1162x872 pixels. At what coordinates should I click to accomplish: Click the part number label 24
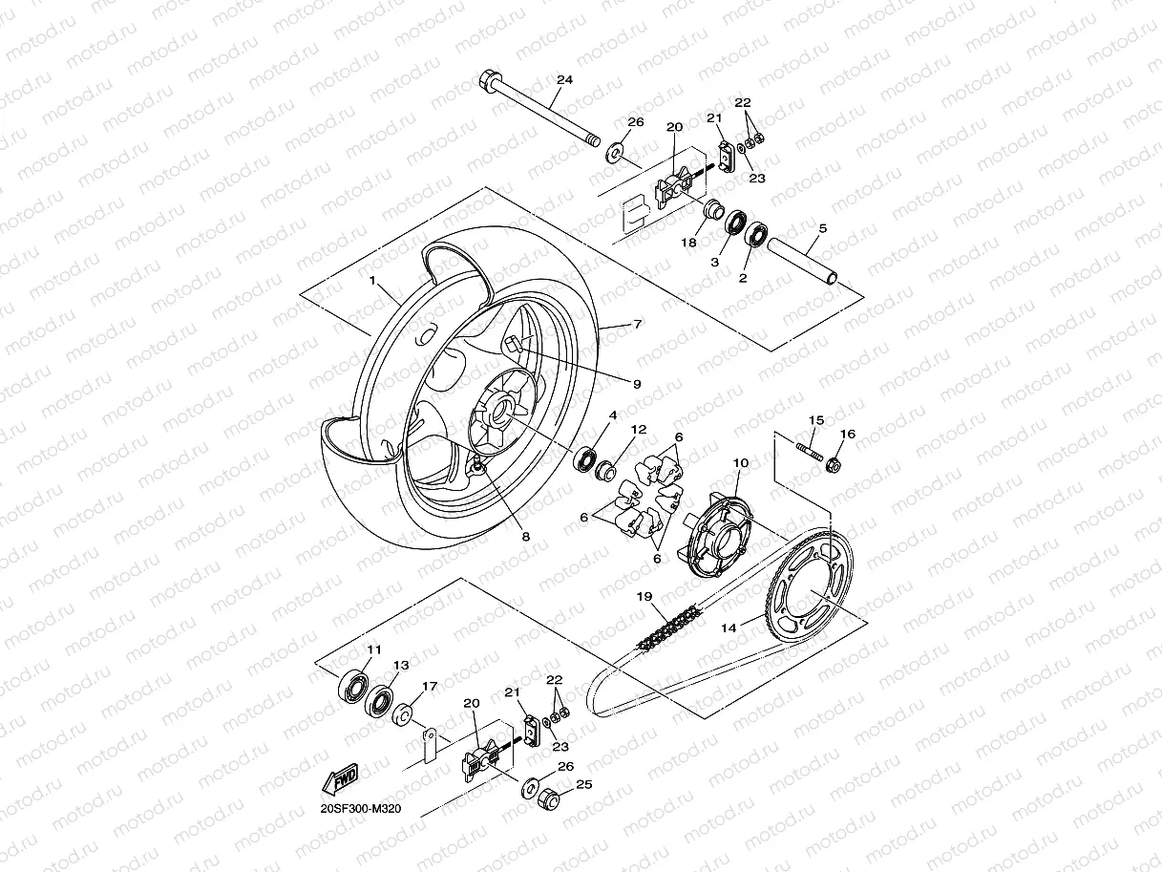(564, 80)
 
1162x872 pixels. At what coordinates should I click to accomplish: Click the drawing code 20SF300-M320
(361, 808)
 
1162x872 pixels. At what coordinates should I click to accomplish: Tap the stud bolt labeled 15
(808, 448)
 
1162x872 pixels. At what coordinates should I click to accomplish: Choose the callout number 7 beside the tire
(637, 325)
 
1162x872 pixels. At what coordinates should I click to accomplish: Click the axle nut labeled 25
(549, 798)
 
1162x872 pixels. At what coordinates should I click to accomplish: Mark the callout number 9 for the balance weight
(636, 383)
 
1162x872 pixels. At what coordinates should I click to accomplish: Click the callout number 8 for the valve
(524, 537)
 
